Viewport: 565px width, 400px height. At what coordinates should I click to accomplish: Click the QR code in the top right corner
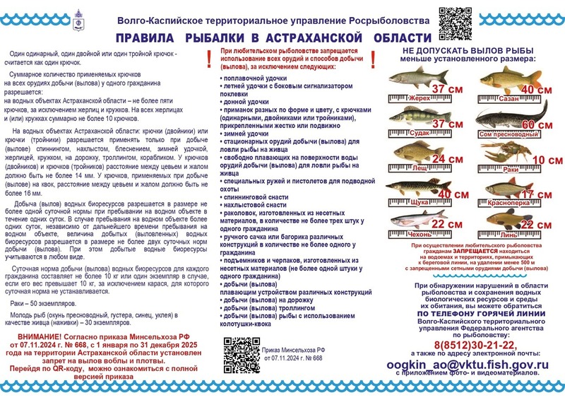pyautogui.click(x=455, y=23)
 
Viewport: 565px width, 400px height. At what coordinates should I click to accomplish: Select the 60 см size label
pyautogui.click(x=536, y=126)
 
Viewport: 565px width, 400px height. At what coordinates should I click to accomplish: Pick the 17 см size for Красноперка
pyautogui.click(x=536, y=194)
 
